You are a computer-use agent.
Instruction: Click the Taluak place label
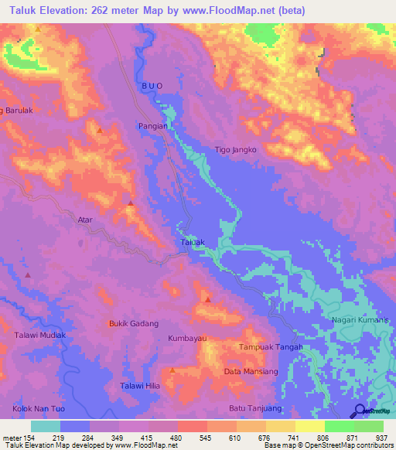pos(193,242)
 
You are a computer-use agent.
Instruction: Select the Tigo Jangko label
pos(235,150)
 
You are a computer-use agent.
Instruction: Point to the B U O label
pos(154,87)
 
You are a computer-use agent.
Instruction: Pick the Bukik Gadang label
pos(133,324)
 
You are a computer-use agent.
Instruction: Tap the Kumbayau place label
pos(189,339)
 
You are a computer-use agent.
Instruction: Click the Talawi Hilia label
pos(139,387)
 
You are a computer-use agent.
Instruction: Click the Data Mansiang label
pos(251,372)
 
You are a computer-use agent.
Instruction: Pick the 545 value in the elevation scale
pos(196,438)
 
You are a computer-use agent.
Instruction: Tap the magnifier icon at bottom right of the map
pos(359,411)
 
